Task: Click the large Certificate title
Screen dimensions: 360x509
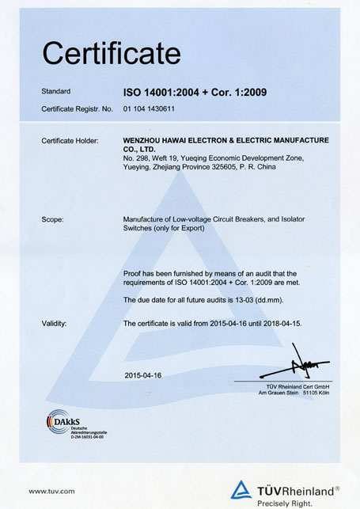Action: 112,54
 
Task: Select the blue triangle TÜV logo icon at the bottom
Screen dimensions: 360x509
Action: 241,490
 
